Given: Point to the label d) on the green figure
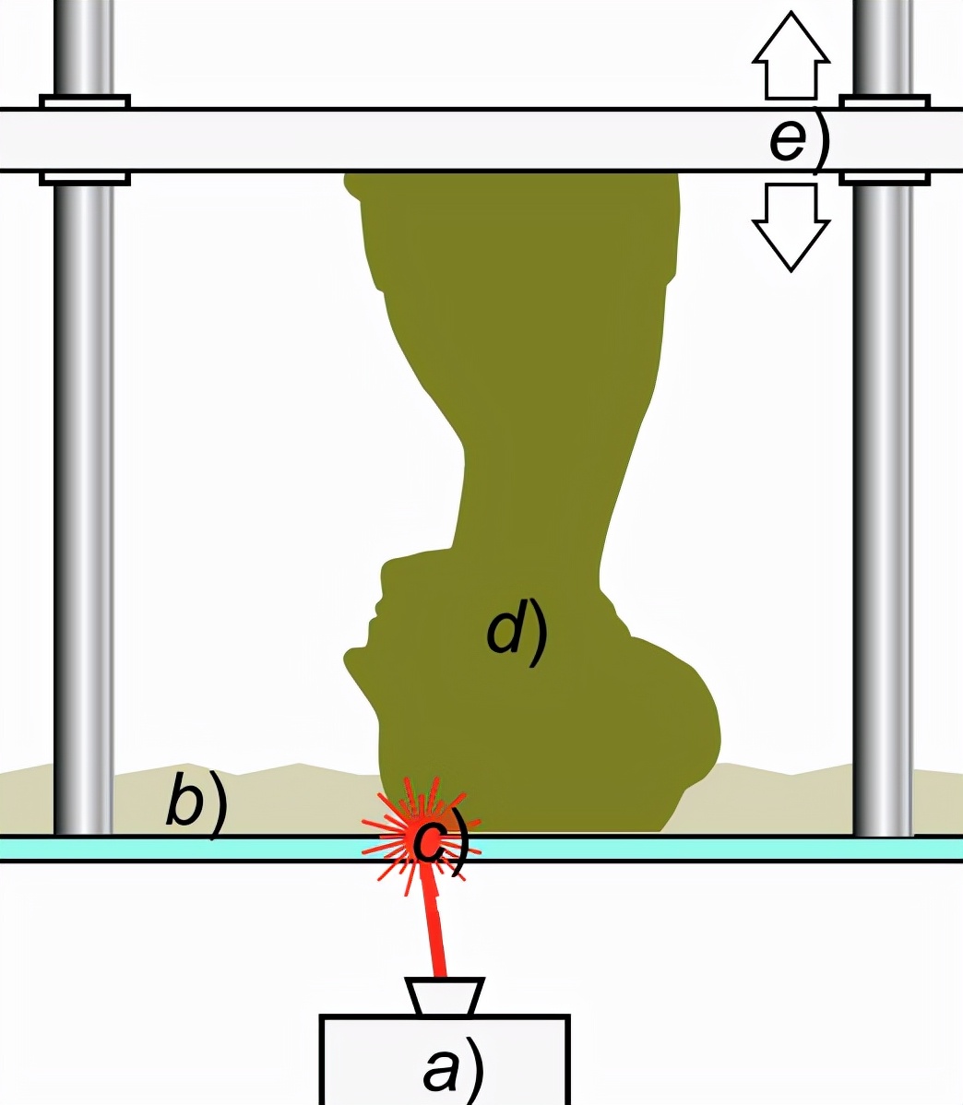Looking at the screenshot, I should pos(517,635).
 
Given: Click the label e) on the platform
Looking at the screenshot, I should pos(799,139).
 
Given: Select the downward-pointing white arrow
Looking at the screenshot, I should pos(791,226).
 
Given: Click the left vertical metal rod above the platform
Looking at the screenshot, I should pos(84,46).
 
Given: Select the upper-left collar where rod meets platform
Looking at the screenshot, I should pos(84,101).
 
